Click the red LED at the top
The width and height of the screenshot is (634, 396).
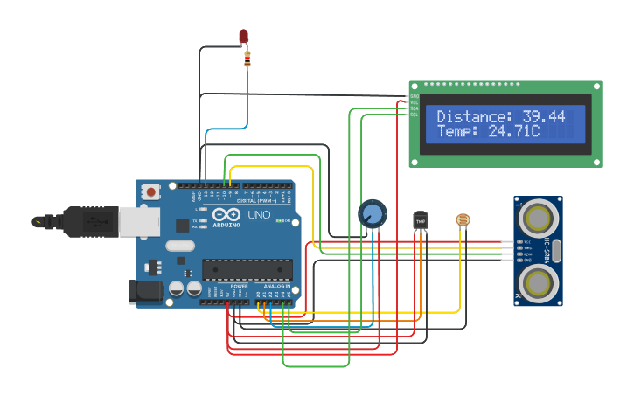click(x=244, y=37)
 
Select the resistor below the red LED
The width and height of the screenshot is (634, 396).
click(x=247, y=59)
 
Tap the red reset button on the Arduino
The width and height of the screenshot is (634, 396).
click(x=151, y=191)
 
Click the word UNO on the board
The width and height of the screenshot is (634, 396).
click(x=261, y=215)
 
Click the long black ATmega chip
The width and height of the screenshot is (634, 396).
click(x=247, y=270)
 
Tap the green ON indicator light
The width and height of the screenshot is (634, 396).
click(x=282, y=221)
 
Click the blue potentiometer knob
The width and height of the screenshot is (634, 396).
click(x=372, y=214)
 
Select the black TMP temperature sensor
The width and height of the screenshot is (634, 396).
click(x=421, y=220)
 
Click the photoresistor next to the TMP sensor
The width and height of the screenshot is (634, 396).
click(x=463, y=220)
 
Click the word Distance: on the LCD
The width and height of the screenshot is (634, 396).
click(x=475, y=116)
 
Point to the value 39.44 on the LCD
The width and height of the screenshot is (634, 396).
click(x=544, y=116)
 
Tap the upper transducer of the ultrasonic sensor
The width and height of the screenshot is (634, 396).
click(x=538, y=216)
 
